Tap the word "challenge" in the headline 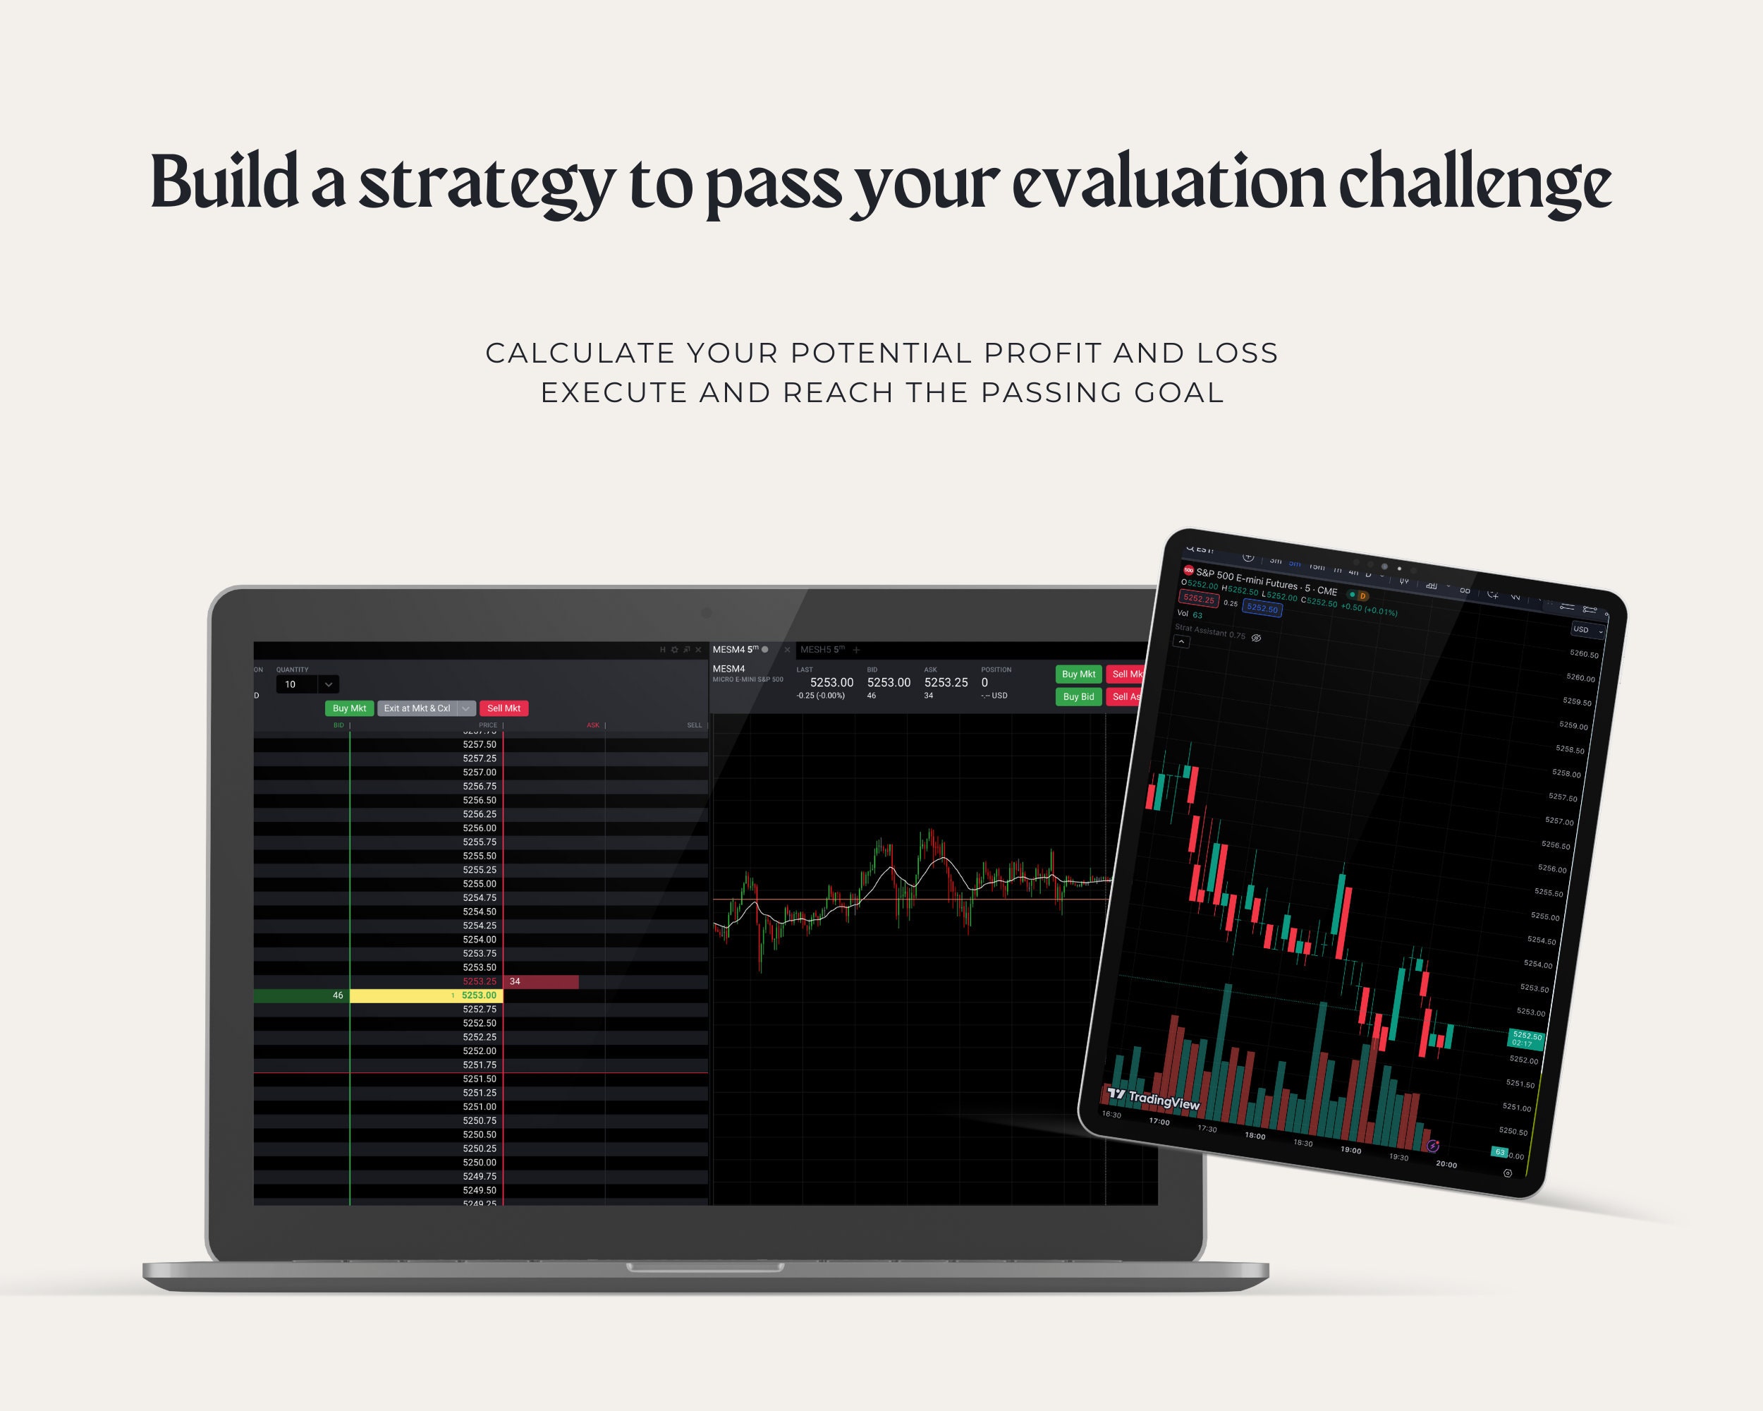pos(1475,183)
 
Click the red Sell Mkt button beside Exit pos(504,708)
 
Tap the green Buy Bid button pos(1078,697)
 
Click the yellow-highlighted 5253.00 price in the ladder pos(478,995)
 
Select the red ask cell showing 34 pos(540,981)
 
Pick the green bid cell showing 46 pos(302,995)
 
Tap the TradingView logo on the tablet pos(1154,1099)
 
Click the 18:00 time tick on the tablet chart pos(1255,1136)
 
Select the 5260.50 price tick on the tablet pos(1584,655)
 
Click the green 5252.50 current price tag pos(1526,1038)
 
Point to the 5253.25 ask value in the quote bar pos(946,682)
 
